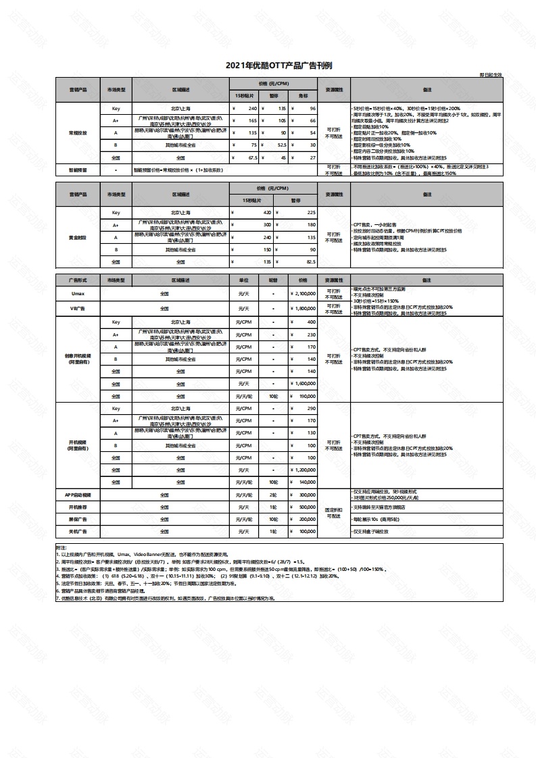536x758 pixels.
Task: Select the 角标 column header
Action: pos(303,97)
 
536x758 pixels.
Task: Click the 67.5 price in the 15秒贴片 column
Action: pos(251,157)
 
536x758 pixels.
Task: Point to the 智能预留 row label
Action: pos(78,170)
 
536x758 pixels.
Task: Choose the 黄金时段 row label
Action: pos(78,237)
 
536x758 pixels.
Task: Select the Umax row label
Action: pos(78,294)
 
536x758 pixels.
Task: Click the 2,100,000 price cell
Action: pos(305,294)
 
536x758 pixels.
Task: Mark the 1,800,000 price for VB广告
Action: pos(305,308)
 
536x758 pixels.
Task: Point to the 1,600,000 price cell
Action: pos(305,383)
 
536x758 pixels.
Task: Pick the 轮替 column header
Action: pos(273,279)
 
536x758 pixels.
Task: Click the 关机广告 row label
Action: pos(78,531)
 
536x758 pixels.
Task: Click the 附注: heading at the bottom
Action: pos(62,547)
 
